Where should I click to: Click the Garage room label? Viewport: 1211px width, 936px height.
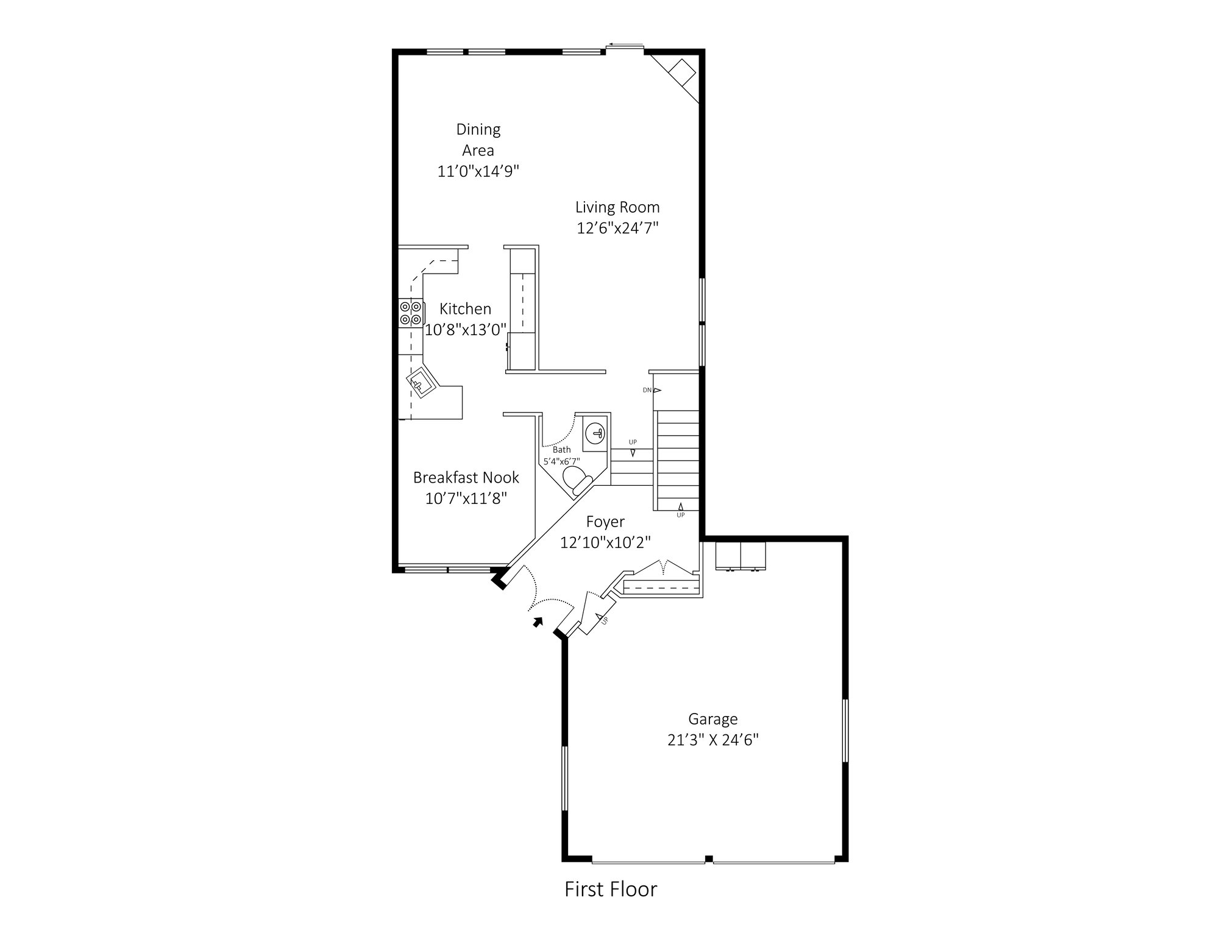click(x=712, y=720)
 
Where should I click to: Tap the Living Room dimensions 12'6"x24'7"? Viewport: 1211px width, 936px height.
click(x=617, y=228)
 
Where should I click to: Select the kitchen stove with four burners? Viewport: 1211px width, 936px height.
click(x=411, y=313)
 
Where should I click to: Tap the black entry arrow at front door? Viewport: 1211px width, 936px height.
click(x=537, y=622)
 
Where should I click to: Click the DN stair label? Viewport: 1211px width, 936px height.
click(x=647, y=390)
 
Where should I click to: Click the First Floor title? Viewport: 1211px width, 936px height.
click(x=611, y=889)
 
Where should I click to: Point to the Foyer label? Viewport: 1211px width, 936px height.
click(x=605, y=522)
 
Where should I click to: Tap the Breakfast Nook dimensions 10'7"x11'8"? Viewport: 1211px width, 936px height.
click(x=466, y=498)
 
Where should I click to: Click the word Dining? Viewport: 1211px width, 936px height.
click(x=478, y=130)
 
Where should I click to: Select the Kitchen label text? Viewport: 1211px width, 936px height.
click(x=466, y=309)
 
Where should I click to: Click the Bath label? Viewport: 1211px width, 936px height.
click(x=562, y=450)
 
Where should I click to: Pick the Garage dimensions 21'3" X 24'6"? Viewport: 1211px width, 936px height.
click(x=712, y=740)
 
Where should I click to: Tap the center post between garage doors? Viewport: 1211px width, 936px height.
click(x=709, y=859)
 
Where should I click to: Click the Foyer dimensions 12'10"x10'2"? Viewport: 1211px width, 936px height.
click(x=605, y=542)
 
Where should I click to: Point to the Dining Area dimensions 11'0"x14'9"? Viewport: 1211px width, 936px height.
click(x=478, y=171)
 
